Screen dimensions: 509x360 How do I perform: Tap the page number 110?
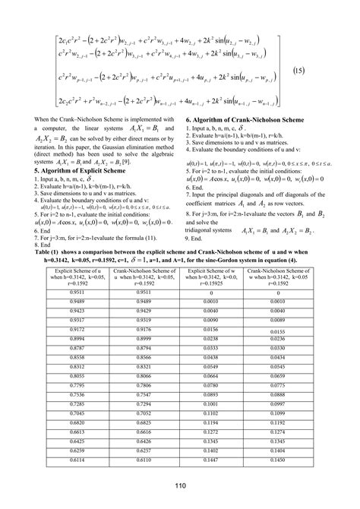pos(180,486)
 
